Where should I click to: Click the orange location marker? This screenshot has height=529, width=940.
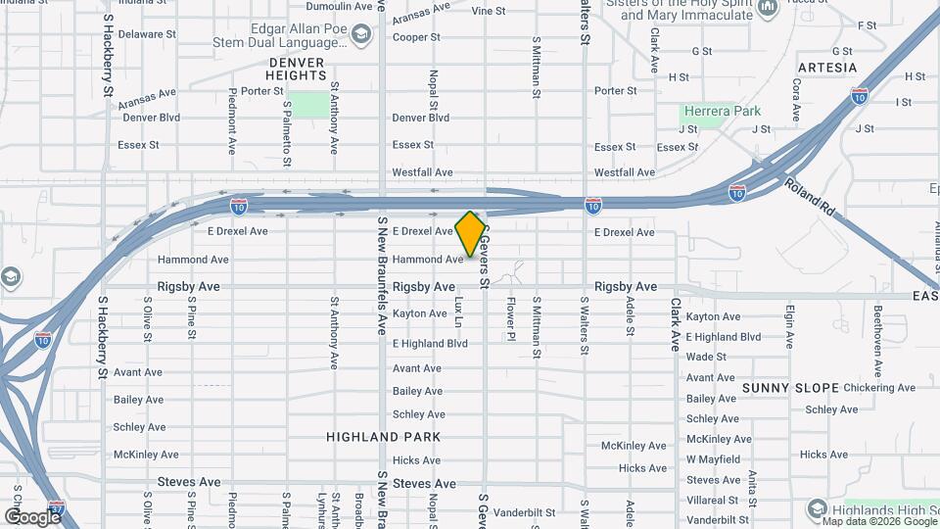(471, 233)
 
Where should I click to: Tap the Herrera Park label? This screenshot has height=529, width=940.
(722, 112)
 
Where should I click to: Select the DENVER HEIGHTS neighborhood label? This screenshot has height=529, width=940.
(296, 69)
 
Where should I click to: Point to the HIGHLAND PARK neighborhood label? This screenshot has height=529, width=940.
(384, 437)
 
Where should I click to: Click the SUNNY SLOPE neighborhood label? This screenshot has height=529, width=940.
(790, 388)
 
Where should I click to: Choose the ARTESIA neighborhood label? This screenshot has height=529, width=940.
(827, 69)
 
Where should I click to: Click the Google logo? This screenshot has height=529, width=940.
(31, 516)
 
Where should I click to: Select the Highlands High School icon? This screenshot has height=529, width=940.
(818, 508)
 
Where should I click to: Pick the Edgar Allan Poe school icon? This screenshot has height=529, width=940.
(361, 36)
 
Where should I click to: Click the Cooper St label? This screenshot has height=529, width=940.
(415, 37)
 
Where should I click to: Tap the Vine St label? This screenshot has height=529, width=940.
(488, 12)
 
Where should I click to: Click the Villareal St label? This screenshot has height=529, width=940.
(718, 500)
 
